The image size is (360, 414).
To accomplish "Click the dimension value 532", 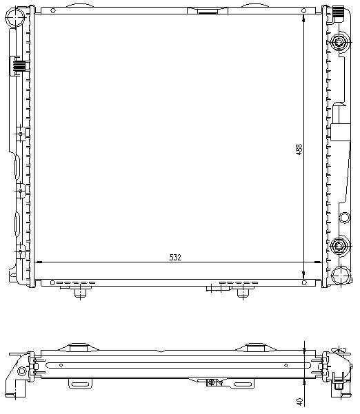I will [x=175, y=258].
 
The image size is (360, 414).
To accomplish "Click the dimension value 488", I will [x=299, y=149].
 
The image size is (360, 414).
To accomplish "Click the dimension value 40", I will [x=299, y=400].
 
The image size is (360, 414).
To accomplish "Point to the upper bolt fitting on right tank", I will [x=339, y=43].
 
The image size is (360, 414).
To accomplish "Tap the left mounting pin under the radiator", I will [x=79, y=294].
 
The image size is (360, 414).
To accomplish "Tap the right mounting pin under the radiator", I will [x=241, y=294].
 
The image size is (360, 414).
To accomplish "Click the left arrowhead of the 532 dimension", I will [x=38, y=262].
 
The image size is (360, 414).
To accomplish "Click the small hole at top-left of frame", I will [x=51, y=12].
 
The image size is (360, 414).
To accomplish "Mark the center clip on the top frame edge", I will [x=206, y=10].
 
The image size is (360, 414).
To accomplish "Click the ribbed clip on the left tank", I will [x=18, y=67].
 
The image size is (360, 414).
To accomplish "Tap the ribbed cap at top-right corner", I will [x=339, y=12].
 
